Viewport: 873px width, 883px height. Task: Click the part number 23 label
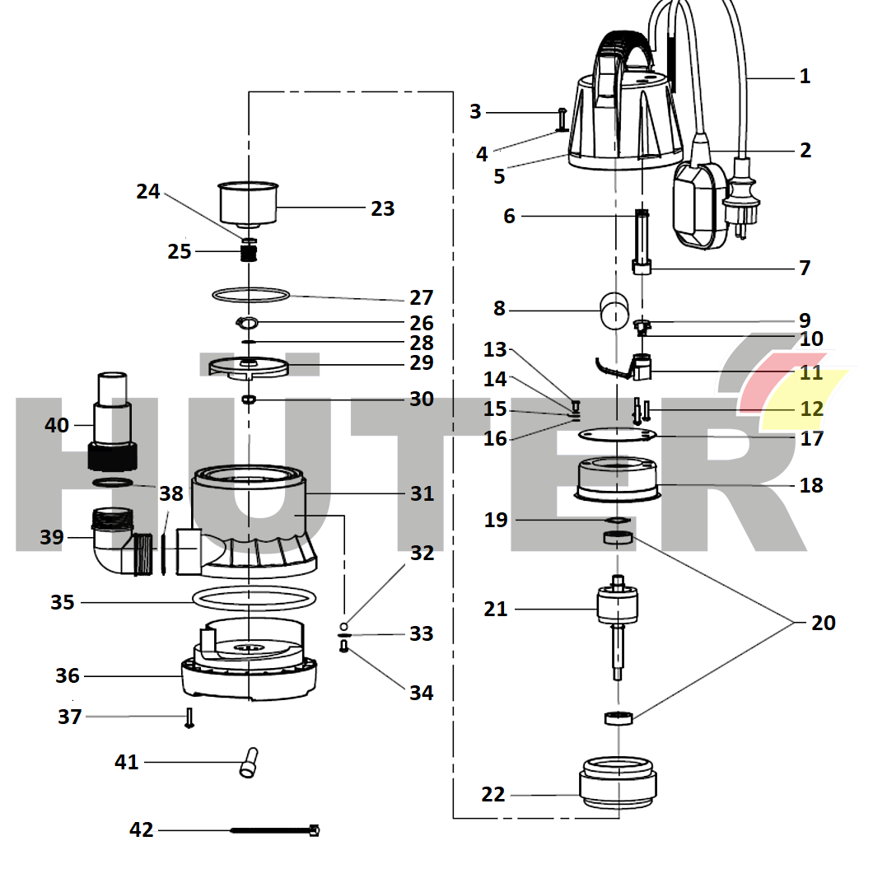pos(382,208)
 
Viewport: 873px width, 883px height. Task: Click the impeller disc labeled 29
pos(246,366)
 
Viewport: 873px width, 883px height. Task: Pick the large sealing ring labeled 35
pos(256,597)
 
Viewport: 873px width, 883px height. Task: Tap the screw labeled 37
pos(189,717)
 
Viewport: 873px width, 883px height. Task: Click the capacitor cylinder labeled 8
pos(614,311)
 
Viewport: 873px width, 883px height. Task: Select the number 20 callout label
pos(823,623)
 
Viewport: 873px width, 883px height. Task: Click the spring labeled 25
pos(249,254)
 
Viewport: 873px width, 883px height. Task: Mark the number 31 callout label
pos(422,493)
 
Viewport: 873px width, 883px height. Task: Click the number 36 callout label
pos(68,676)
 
